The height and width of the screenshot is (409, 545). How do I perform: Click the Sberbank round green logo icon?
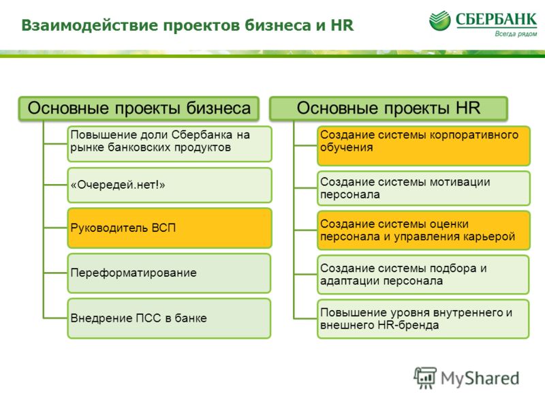(439, 20)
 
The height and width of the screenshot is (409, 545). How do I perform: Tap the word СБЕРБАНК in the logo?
(497, 20)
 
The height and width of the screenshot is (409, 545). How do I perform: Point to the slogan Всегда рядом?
(516, 33)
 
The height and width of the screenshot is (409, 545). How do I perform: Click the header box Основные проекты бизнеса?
(139, 108)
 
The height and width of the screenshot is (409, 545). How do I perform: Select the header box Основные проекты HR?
(388, 108)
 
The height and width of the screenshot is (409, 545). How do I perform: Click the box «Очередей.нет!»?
(170, 185)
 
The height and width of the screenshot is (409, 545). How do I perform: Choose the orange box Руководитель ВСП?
(170, 228)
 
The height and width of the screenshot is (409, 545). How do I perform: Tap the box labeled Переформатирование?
(169, 273)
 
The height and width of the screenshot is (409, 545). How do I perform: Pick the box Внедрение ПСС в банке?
(169, 318)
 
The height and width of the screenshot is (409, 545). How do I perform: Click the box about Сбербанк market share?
(170, 144)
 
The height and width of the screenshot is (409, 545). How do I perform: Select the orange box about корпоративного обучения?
(424, 146)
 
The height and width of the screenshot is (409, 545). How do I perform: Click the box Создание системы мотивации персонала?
(424, 188)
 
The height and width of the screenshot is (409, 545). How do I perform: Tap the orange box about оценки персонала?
(424, 230)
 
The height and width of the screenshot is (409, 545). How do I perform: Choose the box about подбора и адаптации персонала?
(423, 275)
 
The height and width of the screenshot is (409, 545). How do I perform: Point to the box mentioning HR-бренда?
(423, 319)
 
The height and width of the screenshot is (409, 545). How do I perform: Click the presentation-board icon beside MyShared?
(425, 378)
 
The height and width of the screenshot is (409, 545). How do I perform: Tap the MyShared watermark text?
(480, 378)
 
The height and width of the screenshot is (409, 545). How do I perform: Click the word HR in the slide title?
(342, 25)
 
